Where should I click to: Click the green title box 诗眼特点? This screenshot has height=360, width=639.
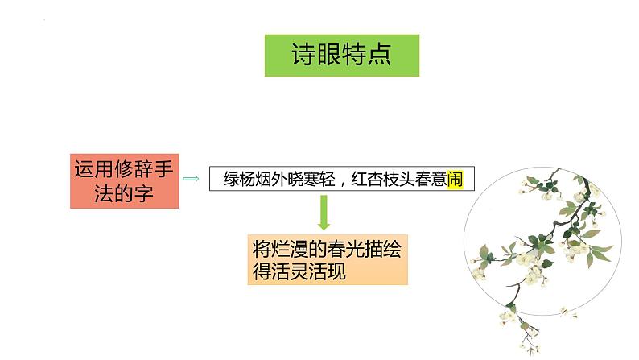[x=341, y=55]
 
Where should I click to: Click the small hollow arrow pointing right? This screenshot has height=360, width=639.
[x=192, y=179]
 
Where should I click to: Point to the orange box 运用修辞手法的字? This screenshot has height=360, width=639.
[x=124, y=180]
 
